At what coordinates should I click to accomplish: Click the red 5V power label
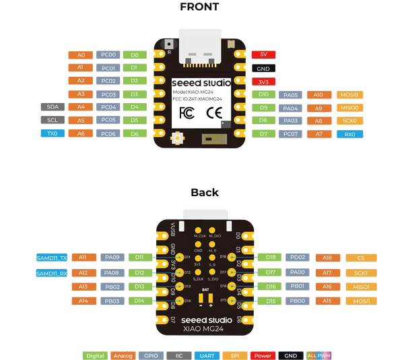[x=263, y=55]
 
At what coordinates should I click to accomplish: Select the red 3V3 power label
[x=263, y=82]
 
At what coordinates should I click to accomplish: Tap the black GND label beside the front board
[x=263, y=68]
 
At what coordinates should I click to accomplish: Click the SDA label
[x=53, y=107]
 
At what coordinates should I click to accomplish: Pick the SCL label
[x=53, y=120]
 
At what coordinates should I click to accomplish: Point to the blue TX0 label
[x=53, y=133]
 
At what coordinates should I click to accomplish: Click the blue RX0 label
[x=350, y=134]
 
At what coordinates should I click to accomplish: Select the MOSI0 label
[x=350, y=95]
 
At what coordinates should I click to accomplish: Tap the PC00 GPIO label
[x=108, y=55]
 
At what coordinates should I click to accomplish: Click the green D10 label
[x=263, y=95]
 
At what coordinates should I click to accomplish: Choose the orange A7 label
[x=319, y=134]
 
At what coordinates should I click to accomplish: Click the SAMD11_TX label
[x=52, y=258]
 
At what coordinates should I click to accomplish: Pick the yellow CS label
[x=361, y=258]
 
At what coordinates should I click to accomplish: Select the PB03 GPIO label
[x=112, y=301]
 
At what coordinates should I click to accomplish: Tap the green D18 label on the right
[x=271, y=258]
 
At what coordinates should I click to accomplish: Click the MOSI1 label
[x=361, y=301]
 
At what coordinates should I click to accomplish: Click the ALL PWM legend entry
[x=319, y=355]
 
